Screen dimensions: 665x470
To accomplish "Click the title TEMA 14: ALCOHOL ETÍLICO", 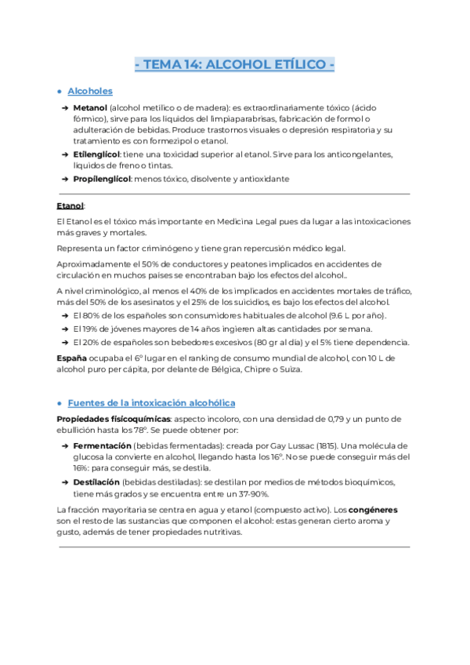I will click(234, 65).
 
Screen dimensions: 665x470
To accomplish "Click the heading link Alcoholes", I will click(90, 92).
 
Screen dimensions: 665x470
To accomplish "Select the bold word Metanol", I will click(90, 107).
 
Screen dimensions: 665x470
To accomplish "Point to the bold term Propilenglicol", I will click(102, 179).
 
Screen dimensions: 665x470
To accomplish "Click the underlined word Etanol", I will click(70, 205).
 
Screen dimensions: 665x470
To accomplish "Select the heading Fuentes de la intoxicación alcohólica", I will click(151, 402).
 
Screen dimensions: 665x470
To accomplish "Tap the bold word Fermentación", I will click(102, 445).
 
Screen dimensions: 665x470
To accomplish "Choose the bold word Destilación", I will click(96, 481).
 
